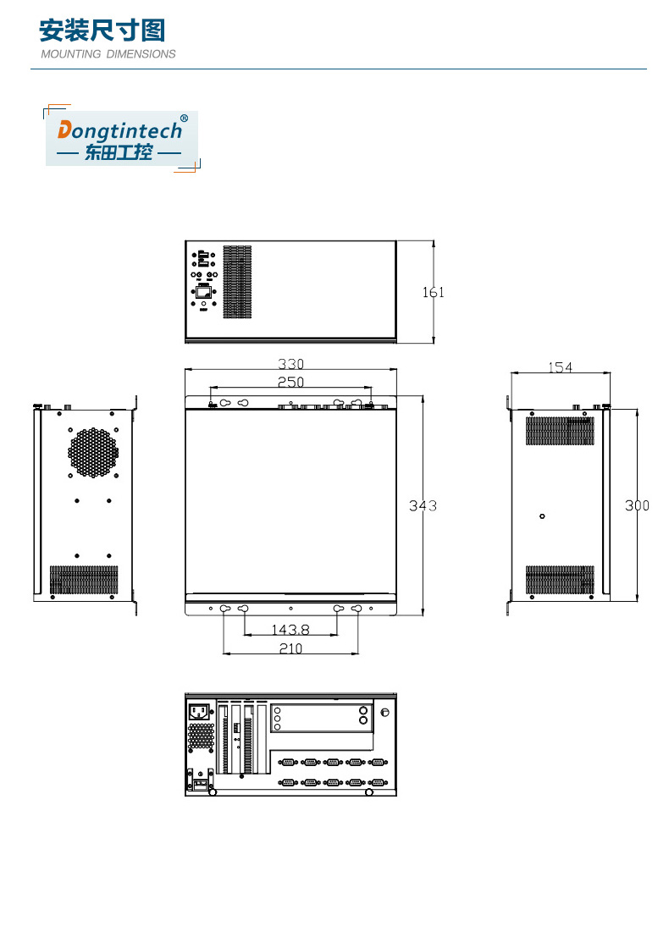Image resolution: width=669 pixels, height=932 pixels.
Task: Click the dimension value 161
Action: (x=433, y=293)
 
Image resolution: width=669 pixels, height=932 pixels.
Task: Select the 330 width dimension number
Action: (x=290, y=364)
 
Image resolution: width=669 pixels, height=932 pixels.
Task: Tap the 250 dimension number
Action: (x=290, y=383)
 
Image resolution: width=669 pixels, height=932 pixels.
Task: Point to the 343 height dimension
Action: (x=423, y=505)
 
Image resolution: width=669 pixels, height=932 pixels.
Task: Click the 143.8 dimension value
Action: (x=290, y=630)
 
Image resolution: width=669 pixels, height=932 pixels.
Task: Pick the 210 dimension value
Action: (x=290, y=648)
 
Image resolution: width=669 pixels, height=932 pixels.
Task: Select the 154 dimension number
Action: (x=560, y=367)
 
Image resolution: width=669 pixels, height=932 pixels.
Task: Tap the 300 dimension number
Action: (x=637, y=505)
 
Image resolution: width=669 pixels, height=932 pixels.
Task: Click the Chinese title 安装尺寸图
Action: (x=102, y=31)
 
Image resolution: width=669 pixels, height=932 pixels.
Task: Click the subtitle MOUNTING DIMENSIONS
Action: (x=108, y=54)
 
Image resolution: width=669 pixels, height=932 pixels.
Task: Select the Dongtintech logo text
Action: (x=119, y=130)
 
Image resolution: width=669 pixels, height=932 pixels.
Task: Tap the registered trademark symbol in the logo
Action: (x=184, y=119)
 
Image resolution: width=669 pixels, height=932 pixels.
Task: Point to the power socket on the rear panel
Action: (x=200, y=712)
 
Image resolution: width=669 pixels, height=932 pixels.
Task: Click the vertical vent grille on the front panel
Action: (x=237, y=283)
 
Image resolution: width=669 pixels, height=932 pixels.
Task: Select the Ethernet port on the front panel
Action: (x=205, y=292)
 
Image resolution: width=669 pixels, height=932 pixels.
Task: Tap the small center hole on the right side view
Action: (x=542, y=516)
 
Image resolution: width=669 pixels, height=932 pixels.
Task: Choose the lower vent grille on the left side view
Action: (x=84, y=580)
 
